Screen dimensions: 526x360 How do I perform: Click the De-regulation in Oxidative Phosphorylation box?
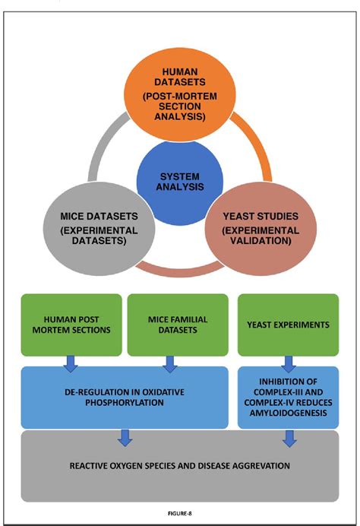(126, 395)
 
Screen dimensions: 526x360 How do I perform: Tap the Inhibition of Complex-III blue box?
(288, 395)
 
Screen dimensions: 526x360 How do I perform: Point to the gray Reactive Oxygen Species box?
(179, 464)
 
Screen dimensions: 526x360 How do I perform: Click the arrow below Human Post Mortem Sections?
(71, 364)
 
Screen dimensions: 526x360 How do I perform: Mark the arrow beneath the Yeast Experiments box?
(288, 364)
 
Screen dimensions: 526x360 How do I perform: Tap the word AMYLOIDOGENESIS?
(288, 412)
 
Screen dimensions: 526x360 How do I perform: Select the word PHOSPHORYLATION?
(126, 402)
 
